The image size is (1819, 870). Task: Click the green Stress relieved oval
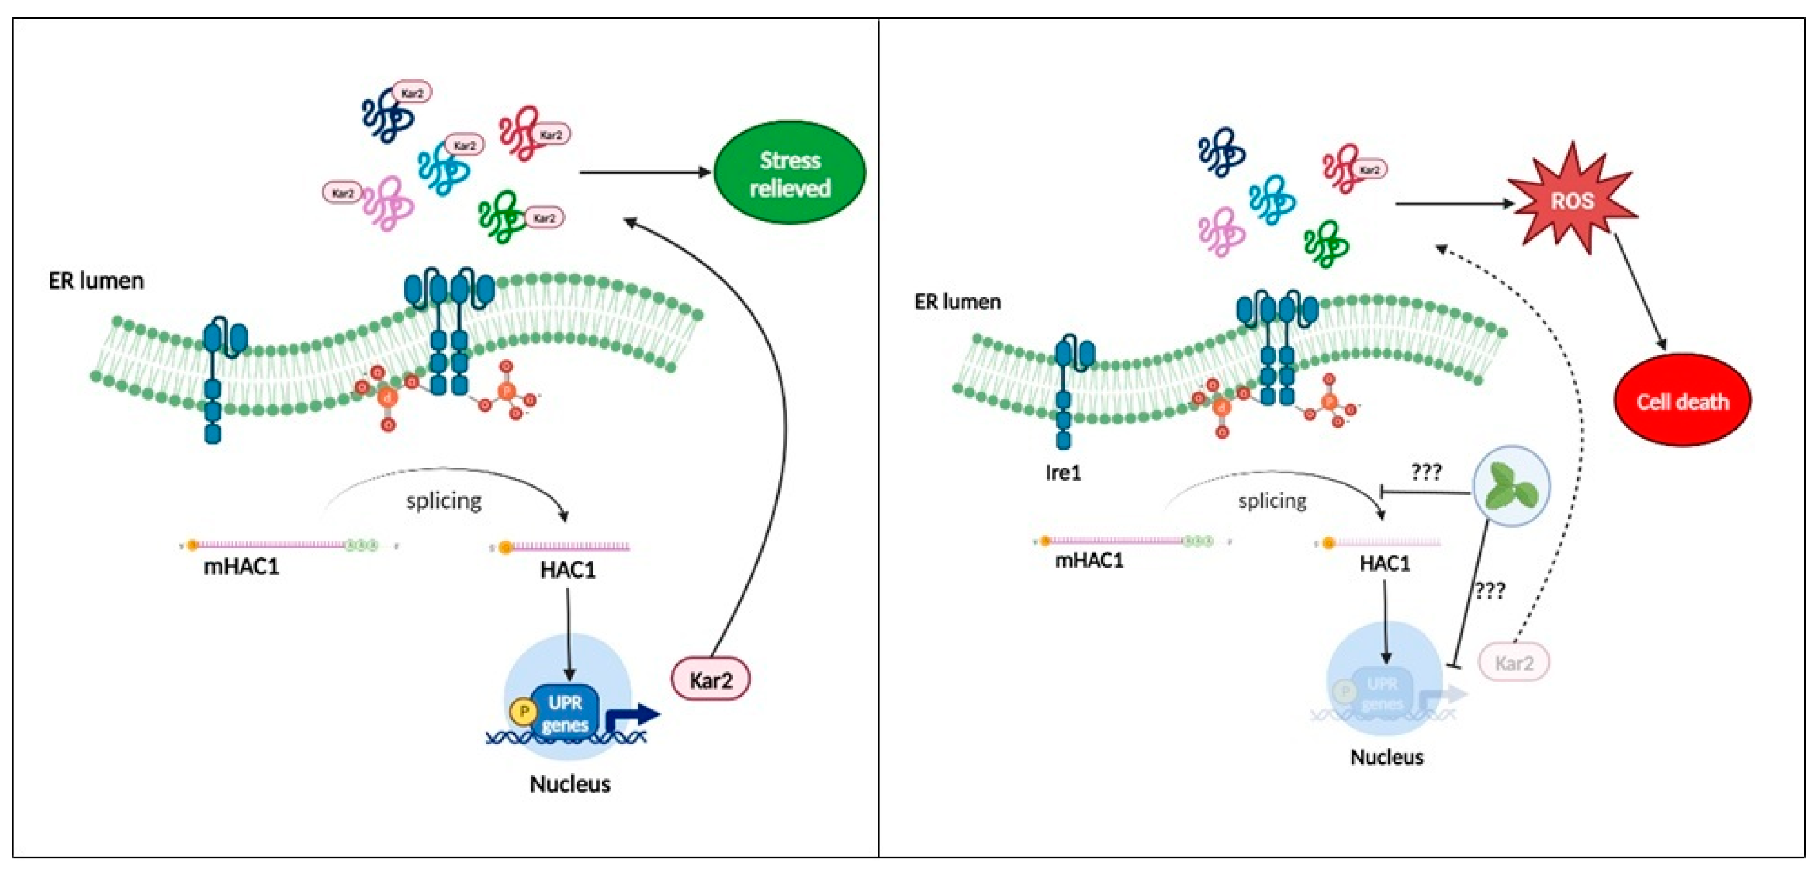click(790, 172)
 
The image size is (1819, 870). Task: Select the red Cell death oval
click(1682, 401)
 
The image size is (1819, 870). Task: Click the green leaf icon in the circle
click(1511, 487)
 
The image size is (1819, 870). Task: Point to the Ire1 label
click(1063, 472)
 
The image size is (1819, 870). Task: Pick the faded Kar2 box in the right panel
click(1514, 663)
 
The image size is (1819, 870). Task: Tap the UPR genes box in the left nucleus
click(565, 713)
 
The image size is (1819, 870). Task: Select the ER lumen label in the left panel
click(96, 281)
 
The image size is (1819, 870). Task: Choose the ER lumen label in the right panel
click(958, 302)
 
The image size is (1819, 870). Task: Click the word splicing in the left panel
click(444, 501)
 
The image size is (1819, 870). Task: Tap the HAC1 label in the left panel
click(568, 569)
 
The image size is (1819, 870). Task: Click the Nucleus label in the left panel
click(570, 784)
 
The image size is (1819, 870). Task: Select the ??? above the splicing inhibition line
click(1426, 472)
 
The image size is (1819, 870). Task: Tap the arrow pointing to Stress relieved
click(644, 172)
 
